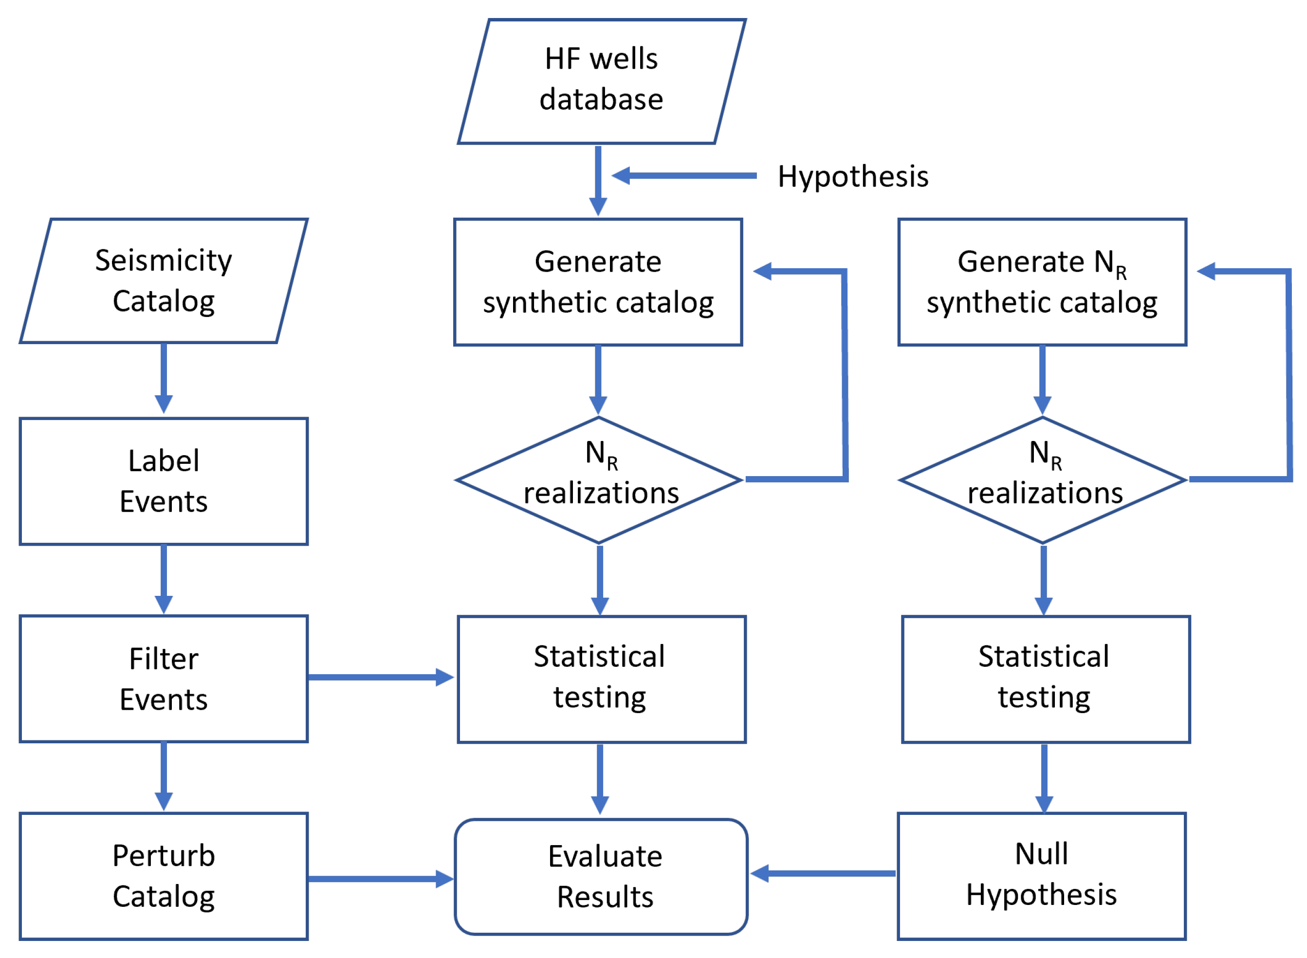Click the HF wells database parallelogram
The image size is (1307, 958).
[601, 81]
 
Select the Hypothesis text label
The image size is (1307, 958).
[852, 176]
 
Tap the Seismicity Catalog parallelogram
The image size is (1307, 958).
[164, 281]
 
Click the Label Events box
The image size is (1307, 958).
[164, 481]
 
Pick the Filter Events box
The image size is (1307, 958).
[164, 679]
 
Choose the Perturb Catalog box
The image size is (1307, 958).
[164, 876]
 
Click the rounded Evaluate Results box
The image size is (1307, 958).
[601, 877]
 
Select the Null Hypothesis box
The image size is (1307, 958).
[1042, 876]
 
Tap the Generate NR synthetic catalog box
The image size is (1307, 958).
[1043, 282]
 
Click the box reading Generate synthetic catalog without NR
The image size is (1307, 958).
[598, 282]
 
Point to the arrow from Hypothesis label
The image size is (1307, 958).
[684, 176]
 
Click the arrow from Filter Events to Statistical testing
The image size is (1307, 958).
[380, 677]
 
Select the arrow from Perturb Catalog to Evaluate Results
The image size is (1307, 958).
[380, 879]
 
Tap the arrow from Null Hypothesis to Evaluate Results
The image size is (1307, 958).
[824, 873]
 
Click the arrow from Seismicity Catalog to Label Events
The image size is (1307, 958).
[164, 377]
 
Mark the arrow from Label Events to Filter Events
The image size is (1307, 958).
[164, 578]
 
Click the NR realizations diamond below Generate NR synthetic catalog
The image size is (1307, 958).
[1043, 480]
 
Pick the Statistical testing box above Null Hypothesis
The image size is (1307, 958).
[1046, 679]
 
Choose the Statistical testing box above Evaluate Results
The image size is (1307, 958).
[601, 679]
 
